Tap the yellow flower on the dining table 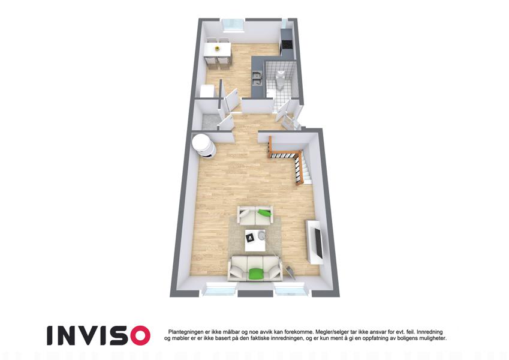pyautogui.click(x=217, y=49)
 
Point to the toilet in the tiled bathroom pyautogui.click(x=279, y=79)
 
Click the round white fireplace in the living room pyautogui.click(x=203, y=146)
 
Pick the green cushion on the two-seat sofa pyautogui.click(x=265, y=213)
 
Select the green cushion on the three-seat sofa pyautogui.click(x=256, y=274)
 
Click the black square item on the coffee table pyautogui.click(x=250, y=238)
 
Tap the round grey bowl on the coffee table pyautogui.click(x=261, y=236)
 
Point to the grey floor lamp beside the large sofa pyautogui.click(x=290, y=272)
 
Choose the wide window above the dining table pyautogui.click(x=233, y=25)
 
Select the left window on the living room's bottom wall pyautogui.click(x=220, y=289)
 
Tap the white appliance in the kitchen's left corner pyautogui.click(x=207, y=91)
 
